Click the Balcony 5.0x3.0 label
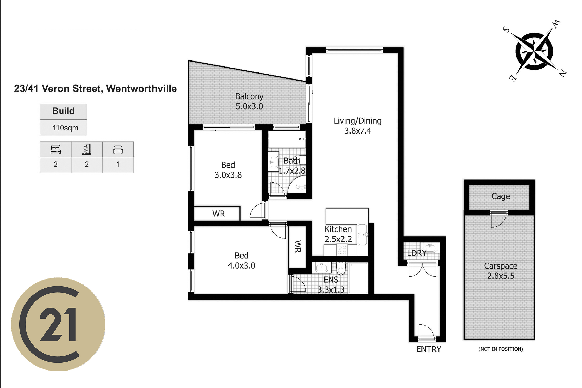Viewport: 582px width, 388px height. (x=249, y=101)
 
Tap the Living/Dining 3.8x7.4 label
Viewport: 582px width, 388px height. (x=358, y=126)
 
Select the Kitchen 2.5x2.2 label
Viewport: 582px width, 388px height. (x=338, y=234)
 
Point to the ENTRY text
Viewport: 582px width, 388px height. (x=429, y=349)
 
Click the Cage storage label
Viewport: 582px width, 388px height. (x=501, y=196)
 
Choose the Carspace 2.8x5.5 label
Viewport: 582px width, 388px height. (x=501, y=271)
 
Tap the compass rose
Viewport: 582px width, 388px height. (x=535, y=51)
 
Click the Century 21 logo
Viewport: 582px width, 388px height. (x=58, y=324)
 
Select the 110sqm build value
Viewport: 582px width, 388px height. (x=65, y=128)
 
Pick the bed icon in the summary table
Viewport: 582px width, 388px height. (x=56, y=149)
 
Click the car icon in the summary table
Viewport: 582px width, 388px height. (x=118, y=149)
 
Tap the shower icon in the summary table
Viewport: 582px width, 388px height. (x=87, y=149)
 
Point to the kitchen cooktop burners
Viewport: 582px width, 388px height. (x=342, y=250)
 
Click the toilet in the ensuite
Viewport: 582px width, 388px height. (x=341, y=268)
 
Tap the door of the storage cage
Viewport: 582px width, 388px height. (x=498, y=219)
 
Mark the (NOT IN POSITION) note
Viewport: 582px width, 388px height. (x=501, y=349)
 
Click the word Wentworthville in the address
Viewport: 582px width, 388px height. (x=141, y=89)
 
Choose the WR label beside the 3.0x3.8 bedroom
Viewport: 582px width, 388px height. (x=218, y=214)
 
